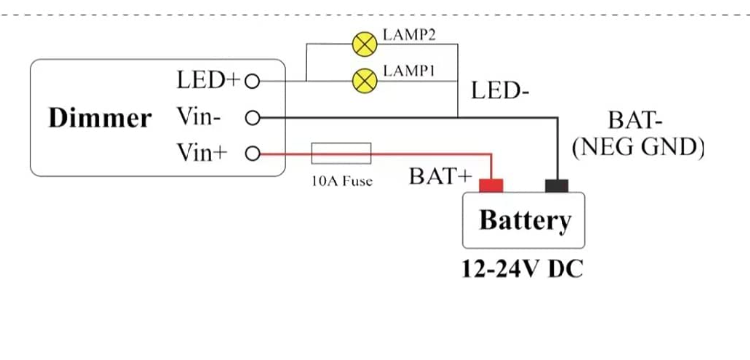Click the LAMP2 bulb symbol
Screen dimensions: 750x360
(x=364, y=45)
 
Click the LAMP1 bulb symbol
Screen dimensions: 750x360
(x=364, y=81)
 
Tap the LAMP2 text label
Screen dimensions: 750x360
(x=409, y=35)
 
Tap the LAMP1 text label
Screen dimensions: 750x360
(x=409, y=71)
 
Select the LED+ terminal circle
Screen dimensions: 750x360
(x=252, y=82)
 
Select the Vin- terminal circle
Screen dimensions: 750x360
(x=252, y=117)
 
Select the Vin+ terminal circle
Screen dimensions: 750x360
(x=252, y=154)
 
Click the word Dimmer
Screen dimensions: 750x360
(x=100, y=118)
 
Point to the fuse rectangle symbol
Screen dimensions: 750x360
(x=341, y=153)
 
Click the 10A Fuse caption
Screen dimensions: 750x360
(x=342, y=181)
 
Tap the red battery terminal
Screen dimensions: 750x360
(x=491, y=185)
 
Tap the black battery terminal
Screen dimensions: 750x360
(x=557, y=185)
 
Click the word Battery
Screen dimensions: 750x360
(x=526, y=220)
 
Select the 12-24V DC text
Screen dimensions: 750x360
(x=523, y=269)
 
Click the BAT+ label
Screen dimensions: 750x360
(x=440, y=177)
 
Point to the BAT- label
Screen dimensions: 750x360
(x=635, y=120)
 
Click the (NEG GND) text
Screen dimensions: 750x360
(x=638, y=148)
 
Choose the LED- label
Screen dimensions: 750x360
(x=500, y=90)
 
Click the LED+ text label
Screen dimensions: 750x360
(x=207, y=80)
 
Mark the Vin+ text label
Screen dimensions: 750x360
(x=201, y=153)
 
